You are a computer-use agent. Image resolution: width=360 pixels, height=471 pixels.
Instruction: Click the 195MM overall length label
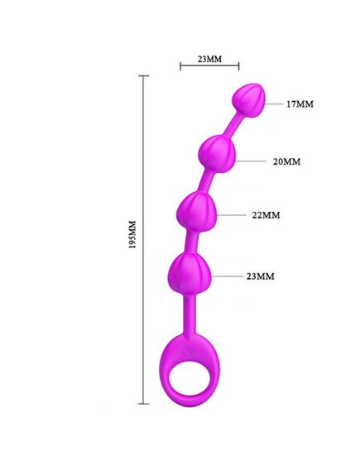coord(132,234)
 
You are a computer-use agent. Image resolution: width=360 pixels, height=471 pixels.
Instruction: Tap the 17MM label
coord(300,104)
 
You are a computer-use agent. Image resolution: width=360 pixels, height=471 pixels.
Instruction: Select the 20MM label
coord(286,161)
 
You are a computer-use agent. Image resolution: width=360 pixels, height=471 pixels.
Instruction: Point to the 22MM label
coord(266,215)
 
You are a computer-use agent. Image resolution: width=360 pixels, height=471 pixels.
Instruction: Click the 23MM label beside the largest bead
coord(261,276)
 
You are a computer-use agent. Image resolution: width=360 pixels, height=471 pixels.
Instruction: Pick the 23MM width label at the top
coord(209,59)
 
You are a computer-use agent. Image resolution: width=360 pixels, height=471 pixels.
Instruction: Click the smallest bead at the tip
coord(249,100)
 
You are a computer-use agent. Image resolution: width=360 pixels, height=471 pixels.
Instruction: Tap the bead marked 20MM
coord(218,153)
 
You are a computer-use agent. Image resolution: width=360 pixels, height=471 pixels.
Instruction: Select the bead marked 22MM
coord(197,212)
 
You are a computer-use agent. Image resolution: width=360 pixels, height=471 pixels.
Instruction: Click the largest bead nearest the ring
coord(190,272)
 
